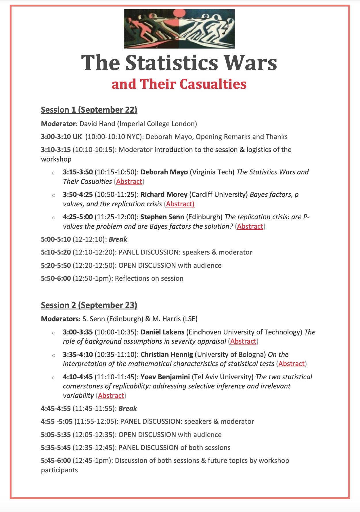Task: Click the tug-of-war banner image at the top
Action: pyautogui.click(x=179, y=29)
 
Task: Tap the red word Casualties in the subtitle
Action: pyautogui.click(x=213, y=84)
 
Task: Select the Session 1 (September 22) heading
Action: pyautogui.click(x=89, y=110)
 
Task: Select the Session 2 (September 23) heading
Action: pyautogui.click(x=89, y=305)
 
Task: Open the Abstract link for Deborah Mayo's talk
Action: pyautogui.click(x=129, y=182)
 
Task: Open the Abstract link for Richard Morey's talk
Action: pyautogui.click(x=180, y=204)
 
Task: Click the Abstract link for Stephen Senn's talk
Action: pyautogui.click(x=250, y=226)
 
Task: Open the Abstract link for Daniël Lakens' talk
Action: pyautogui.click(x=243, y=341)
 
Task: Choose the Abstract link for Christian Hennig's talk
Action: pyautogui.click(x=291, y=364)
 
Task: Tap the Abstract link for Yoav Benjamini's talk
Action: pyautogui.click(x=111, y=396)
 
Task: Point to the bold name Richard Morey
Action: pyautogui.click(x=164, y=195)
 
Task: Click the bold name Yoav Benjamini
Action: pyautogui.click(x=165, y=377)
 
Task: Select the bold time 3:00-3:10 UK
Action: pyautogui.click(x=62, y=137)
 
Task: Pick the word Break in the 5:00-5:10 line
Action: pyautogui.click(x=118, y=239)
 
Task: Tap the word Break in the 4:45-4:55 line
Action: pyautogui.click(x=128, y=409)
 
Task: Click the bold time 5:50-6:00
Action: pyautogui.click(x=56, y=278)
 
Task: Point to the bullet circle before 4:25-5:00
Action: pyautogui.click(x=53, y=218)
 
